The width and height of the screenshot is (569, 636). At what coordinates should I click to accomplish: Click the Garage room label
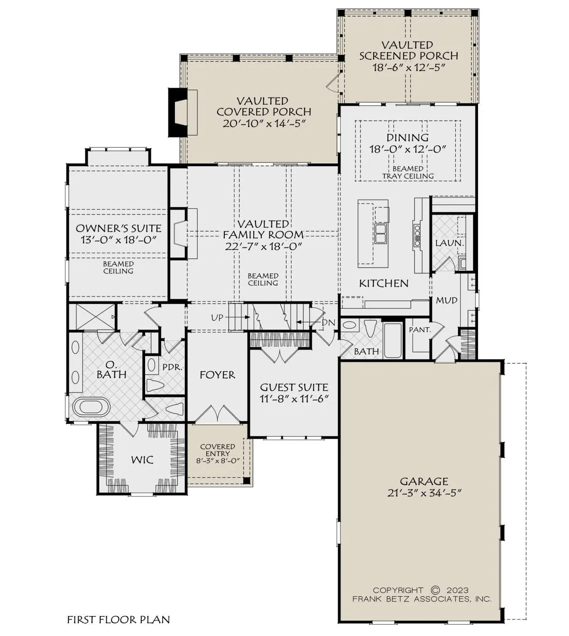click(x=424, y=481)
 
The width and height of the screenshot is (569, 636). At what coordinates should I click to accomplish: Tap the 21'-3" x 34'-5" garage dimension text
click(x=424, y=493)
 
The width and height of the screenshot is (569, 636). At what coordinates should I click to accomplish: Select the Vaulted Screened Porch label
click(x=409, y=50)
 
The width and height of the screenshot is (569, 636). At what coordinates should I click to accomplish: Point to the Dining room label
click(x=407, y=137)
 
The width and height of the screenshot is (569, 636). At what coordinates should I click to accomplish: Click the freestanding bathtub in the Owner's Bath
click(x=92, y=407)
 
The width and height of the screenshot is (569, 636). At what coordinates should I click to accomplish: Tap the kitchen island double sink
click(x=381, y=233)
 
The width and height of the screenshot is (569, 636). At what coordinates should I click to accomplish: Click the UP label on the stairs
click(x=217, y=318)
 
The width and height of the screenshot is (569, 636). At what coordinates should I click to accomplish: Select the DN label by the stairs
click(x=329, y=322)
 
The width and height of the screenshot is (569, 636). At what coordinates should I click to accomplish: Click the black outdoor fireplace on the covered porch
click(x=178, y=112)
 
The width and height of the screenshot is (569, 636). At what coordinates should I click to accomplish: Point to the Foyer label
click(x=217, y=375)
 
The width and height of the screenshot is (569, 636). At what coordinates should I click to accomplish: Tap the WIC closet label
click(x=142, y=460)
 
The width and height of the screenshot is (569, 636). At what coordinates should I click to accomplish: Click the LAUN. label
click(x=450, y=243)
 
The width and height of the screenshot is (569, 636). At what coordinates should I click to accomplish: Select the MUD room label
click(x=446, y=300)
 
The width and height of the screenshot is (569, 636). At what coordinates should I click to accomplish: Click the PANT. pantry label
click(x=420, y=330)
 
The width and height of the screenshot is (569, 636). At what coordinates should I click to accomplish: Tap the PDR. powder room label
click(x=172, y=367)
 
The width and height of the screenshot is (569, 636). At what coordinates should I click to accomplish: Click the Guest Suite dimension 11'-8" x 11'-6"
click(x=294, y=399)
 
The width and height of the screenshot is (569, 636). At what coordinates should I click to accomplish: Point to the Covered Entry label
click(x=218, y=450)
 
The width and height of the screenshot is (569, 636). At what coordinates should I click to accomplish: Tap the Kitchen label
click(x=384, y=284)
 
